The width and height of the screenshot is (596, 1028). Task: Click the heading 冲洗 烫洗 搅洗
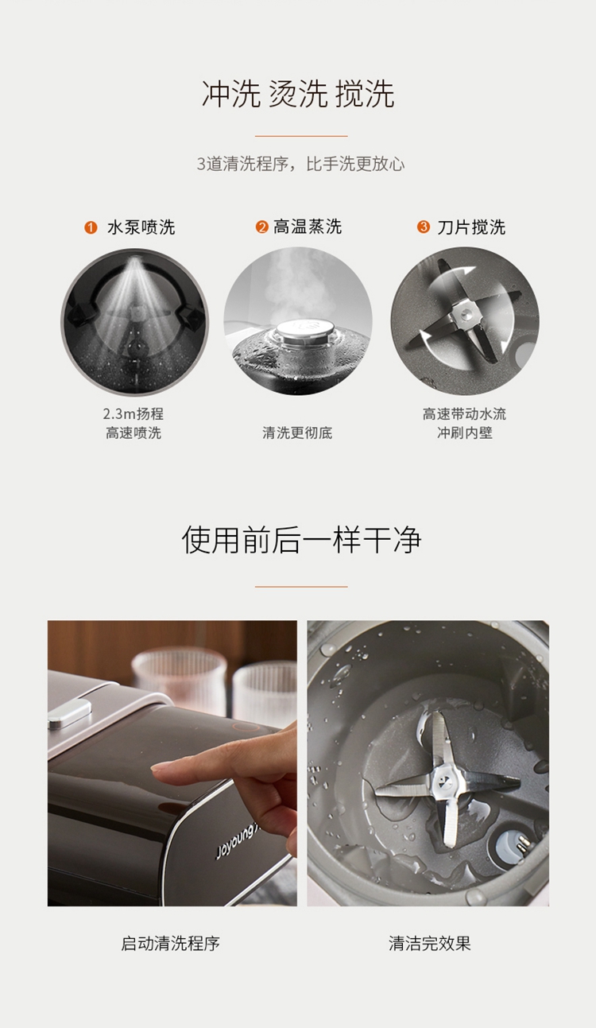coord(298,94)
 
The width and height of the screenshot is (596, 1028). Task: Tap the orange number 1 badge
coord(91,227)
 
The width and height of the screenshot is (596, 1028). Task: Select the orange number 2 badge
coord(262,227)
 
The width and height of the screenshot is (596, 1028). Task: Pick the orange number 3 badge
coord(423,227)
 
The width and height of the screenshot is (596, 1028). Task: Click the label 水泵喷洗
coord(141,227)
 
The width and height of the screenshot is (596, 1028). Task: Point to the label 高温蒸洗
coord(308,227)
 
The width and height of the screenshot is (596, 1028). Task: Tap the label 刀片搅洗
coord(471,227)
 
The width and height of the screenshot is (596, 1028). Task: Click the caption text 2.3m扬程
coord(133,414)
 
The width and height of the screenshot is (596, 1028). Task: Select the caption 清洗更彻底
coord(297,433)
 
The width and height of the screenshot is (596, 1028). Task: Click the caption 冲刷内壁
coord(464,433)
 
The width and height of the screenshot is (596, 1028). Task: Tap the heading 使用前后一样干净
coord(301,540)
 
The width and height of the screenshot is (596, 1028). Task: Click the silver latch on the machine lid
coord(69,714)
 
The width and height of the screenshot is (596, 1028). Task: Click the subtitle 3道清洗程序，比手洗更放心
coord(300,164)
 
